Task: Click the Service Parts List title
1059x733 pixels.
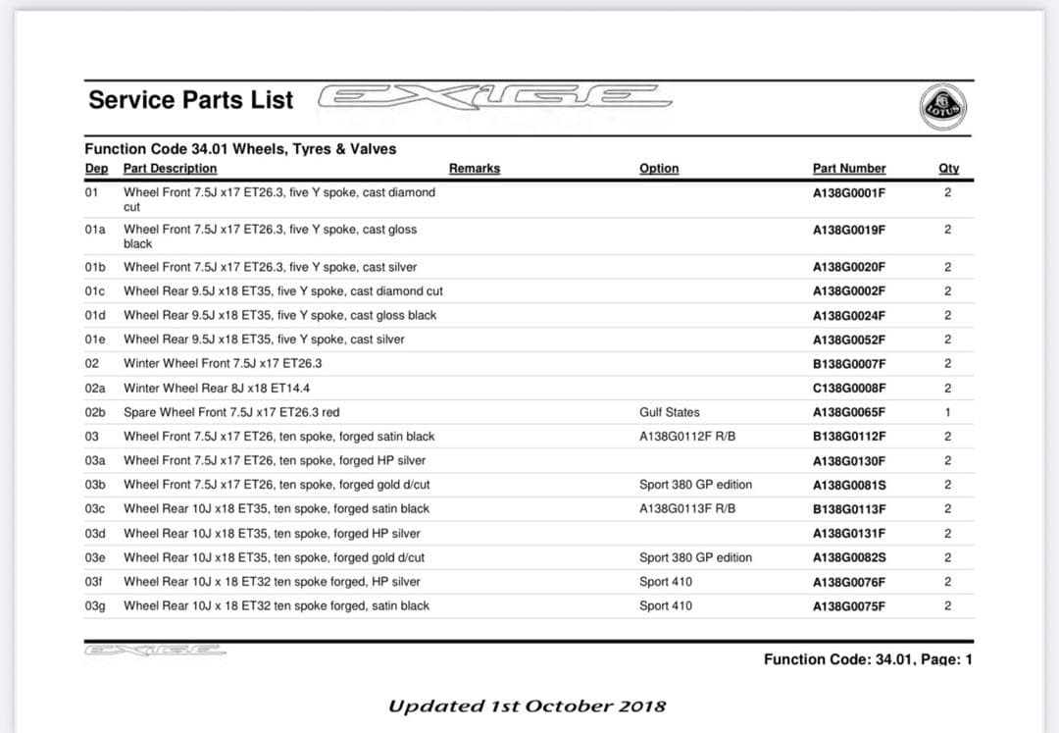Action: click(x=191, y=100)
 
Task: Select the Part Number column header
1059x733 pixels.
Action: click(x=849, y=169)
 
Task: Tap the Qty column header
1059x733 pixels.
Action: click(x=948, y=169)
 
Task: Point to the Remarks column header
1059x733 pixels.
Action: click(x=475, y=169)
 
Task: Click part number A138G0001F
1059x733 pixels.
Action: click(x=849, y=193)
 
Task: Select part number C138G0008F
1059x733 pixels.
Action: click(x=849, y=389)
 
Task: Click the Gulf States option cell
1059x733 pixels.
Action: click(x=670, y=412)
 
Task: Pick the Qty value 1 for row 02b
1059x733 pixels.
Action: click(x=948, y=412)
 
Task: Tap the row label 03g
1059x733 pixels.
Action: click(x=95, y=606)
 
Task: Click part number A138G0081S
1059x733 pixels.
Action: click(x=849, y=485)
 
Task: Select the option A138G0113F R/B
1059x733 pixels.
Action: click(x=687, y=509)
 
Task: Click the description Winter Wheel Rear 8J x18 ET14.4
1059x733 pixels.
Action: click(x=217, y=389)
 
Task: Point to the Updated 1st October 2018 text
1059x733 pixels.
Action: click(x=528, y=707)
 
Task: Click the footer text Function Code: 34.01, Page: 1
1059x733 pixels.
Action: click(x=868, y=660)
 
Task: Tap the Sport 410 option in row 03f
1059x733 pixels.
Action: click(x=666, y=582)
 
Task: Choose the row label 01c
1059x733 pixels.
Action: click(x=95, y=291)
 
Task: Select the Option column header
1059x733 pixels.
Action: click(x=659, y=169)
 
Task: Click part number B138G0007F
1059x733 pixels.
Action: click(x=849, y=364)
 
